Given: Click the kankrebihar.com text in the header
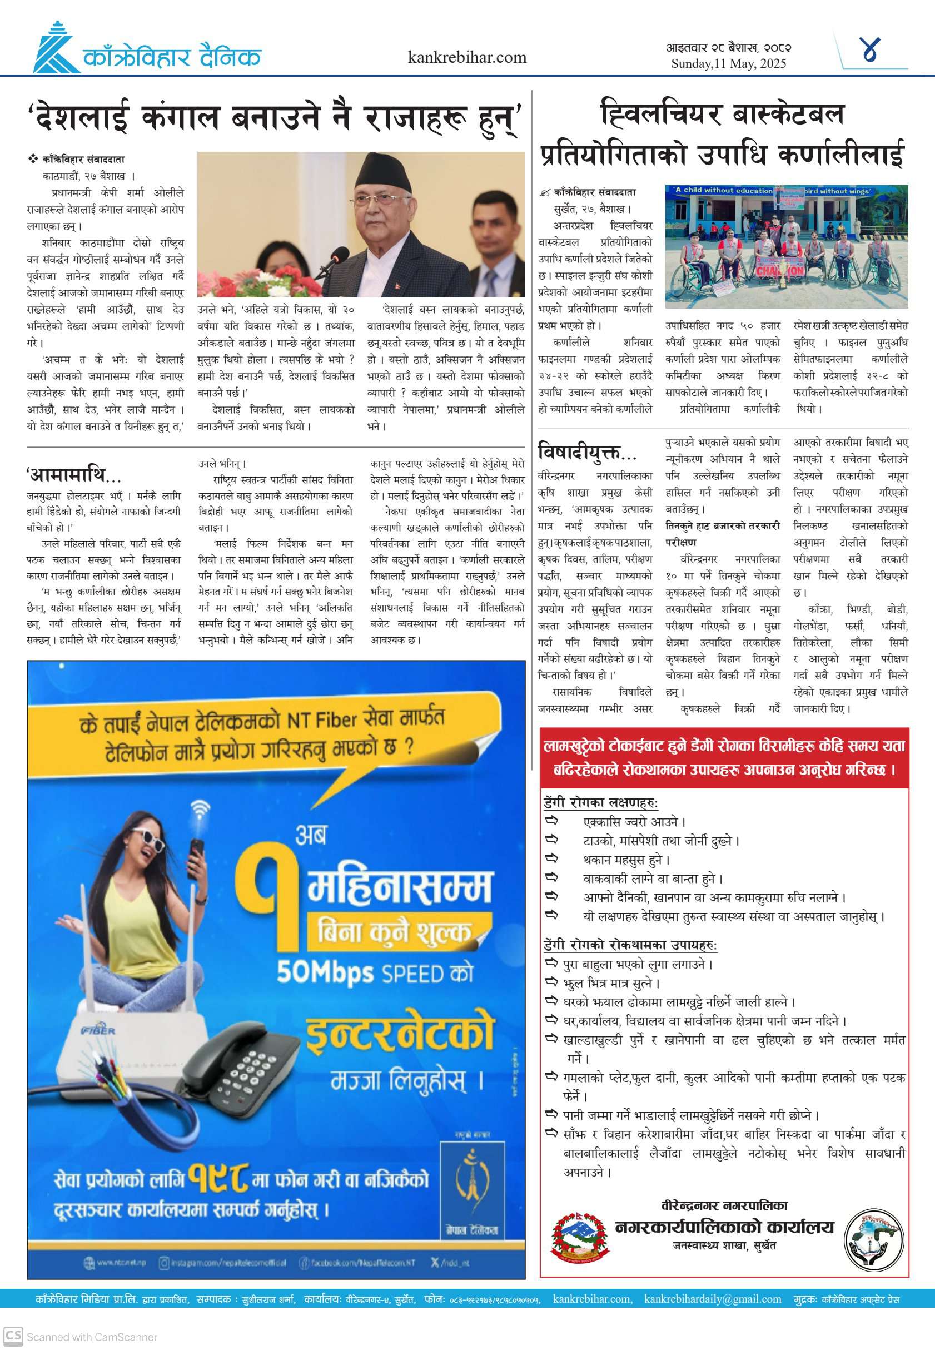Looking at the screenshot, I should click(467, 57).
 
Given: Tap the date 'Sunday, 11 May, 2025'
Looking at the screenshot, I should click(728, 64).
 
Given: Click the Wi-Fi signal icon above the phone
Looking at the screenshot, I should click(200, 809).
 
